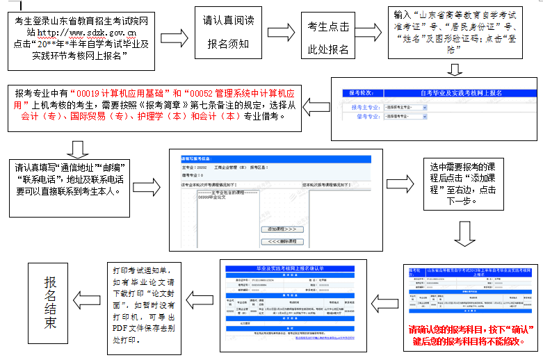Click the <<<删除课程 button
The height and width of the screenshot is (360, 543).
(x=282, y=241)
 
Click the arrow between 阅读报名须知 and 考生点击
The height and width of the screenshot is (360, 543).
(x=282, y=36)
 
